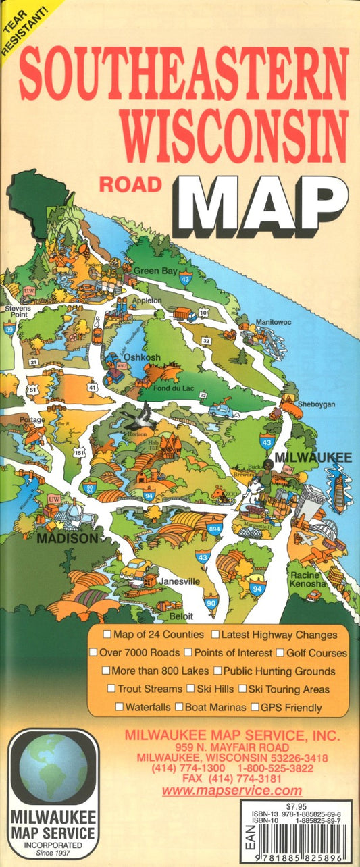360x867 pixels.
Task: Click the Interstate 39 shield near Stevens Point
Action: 9,329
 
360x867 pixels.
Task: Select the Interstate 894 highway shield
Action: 215,528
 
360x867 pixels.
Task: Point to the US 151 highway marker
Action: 80,453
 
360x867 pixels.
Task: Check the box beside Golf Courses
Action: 279,653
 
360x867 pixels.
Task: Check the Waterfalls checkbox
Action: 119,707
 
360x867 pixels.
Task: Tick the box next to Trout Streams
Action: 111,689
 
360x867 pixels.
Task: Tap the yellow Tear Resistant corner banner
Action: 20,19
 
